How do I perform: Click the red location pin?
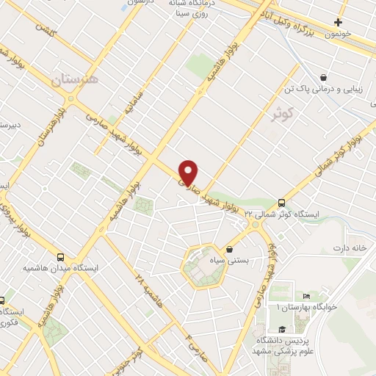coord(189,172)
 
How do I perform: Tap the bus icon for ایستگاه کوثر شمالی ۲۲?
coord(281,203)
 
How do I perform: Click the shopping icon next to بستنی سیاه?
coord(230,249)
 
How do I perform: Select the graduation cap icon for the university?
coord(281,330)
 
